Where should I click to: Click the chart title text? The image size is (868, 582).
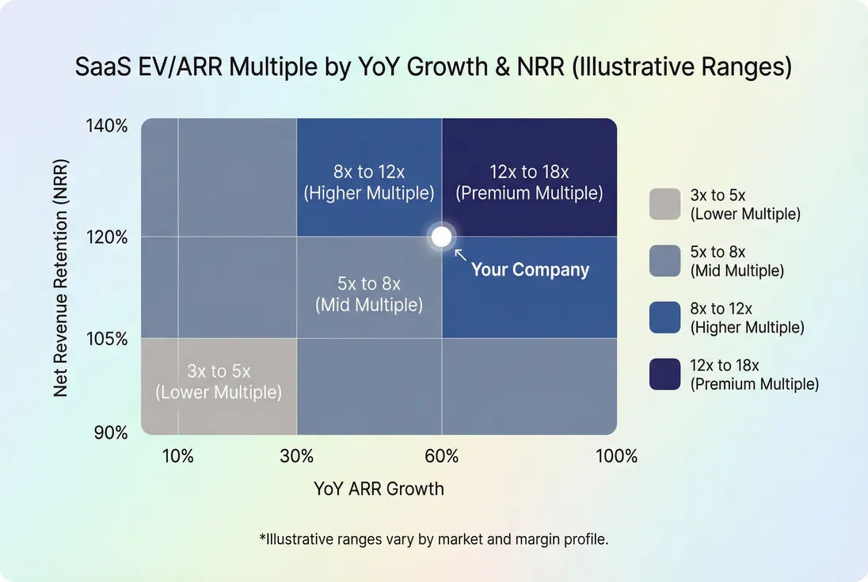[x=433, y=67]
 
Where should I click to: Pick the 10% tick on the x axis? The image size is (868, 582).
[x=177, y=456]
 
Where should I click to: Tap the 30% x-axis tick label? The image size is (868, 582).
[x=297, y=456]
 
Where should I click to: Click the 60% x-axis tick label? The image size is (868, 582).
[x=441, y=456]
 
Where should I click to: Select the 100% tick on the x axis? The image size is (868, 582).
[x=616, y=456]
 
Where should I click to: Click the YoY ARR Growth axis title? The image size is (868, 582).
[x=379, y=489]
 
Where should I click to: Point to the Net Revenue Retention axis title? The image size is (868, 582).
[x=61, y=279]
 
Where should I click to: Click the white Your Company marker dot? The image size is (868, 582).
[x=441, y=237]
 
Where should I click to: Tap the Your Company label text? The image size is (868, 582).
[x=530, y=270]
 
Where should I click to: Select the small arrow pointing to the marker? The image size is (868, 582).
[x=460, y=255]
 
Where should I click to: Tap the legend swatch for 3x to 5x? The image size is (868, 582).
[x=664, y=204]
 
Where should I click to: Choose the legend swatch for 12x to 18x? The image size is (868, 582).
[x=664, y=374]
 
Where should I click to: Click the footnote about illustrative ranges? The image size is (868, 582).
[x=433, y=539]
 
